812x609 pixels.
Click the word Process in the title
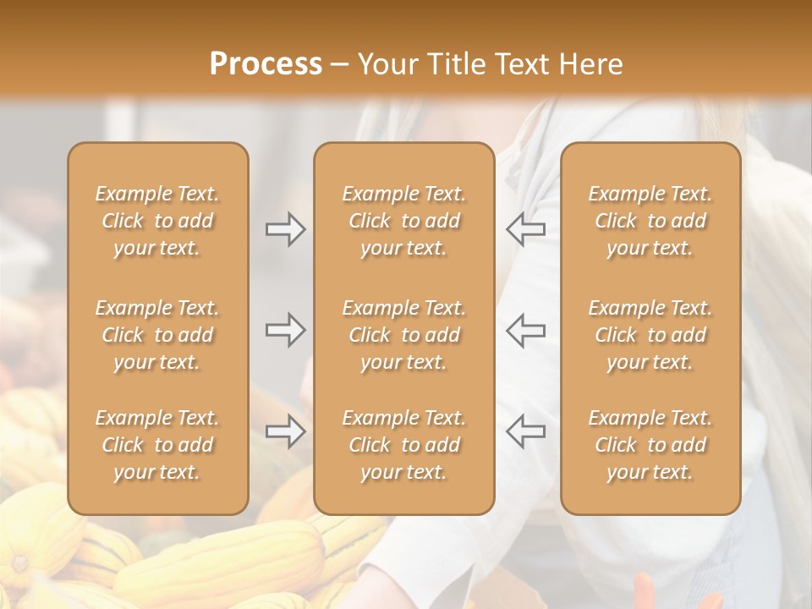[266, 64]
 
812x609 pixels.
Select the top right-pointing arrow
[285, 229]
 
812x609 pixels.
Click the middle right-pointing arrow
[285, 330]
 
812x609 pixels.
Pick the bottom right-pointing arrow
[285, 431]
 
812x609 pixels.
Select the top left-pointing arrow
[525, 229]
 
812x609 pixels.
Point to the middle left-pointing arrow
[525, 330]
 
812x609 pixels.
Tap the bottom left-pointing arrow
[525, 431]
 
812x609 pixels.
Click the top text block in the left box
[157, 221]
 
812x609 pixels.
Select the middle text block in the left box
[157, 335]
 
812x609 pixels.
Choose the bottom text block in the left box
[157, 445]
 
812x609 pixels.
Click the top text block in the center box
[403, 221]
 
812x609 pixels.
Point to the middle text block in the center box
[403, 335]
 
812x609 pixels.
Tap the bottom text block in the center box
[403, 445]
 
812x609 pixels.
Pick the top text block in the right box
[650, 221]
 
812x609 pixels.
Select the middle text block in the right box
[650, 335]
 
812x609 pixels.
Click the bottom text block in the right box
[650, 445]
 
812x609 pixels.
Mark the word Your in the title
[387, 64]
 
